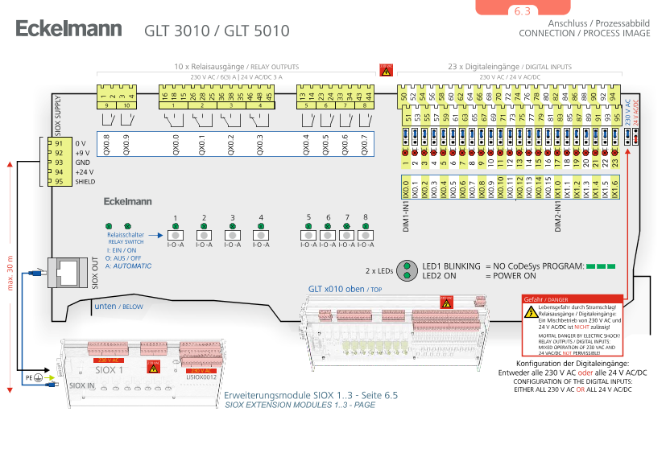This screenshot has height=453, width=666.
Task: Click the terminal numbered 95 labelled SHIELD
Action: pos(59,182)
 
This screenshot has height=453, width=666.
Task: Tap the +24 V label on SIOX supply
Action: pos(84,172)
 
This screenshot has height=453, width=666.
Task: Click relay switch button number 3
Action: pos(232,235)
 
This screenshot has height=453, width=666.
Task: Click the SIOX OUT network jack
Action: pos(68,271)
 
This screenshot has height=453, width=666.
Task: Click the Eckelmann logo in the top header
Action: pos(68,29)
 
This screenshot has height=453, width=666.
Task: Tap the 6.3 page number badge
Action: pos(522,11)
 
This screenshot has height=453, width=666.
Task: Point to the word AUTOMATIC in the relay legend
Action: pos(132,266)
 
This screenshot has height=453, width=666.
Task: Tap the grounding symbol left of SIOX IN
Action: pos(37,377)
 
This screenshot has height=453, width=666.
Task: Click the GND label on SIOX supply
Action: pos(83,163)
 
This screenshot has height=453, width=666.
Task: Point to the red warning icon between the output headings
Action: pos(386,70)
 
